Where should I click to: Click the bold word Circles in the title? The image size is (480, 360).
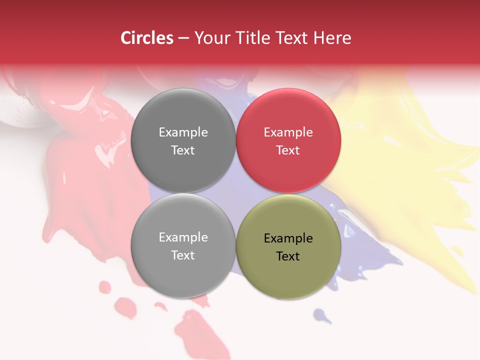[x=146, y=38]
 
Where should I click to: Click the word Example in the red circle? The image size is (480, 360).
[x=288, y=132]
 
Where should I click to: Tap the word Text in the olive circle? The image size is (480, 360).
[x=288, y=256]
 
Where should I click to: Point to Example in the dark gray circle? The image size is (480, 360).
[x=183, y=132]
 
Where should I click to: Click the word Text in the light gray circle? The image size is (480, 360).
[x=183, y=255]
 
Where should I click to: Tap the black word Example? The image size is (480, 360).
[x=288, y=238]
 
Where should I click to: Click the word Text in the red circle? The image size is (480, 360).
[x=288, y=150]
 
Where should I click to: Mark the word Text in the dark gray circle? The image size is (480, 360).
[x=183, y=150]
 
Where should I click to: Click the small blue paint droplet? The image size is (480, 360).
[x=321, y=315]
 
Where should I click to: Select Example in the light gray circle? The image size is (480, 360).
[x=183, y=237]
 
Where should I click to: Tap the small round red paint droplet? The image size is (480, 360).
[x=105, y=287]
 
